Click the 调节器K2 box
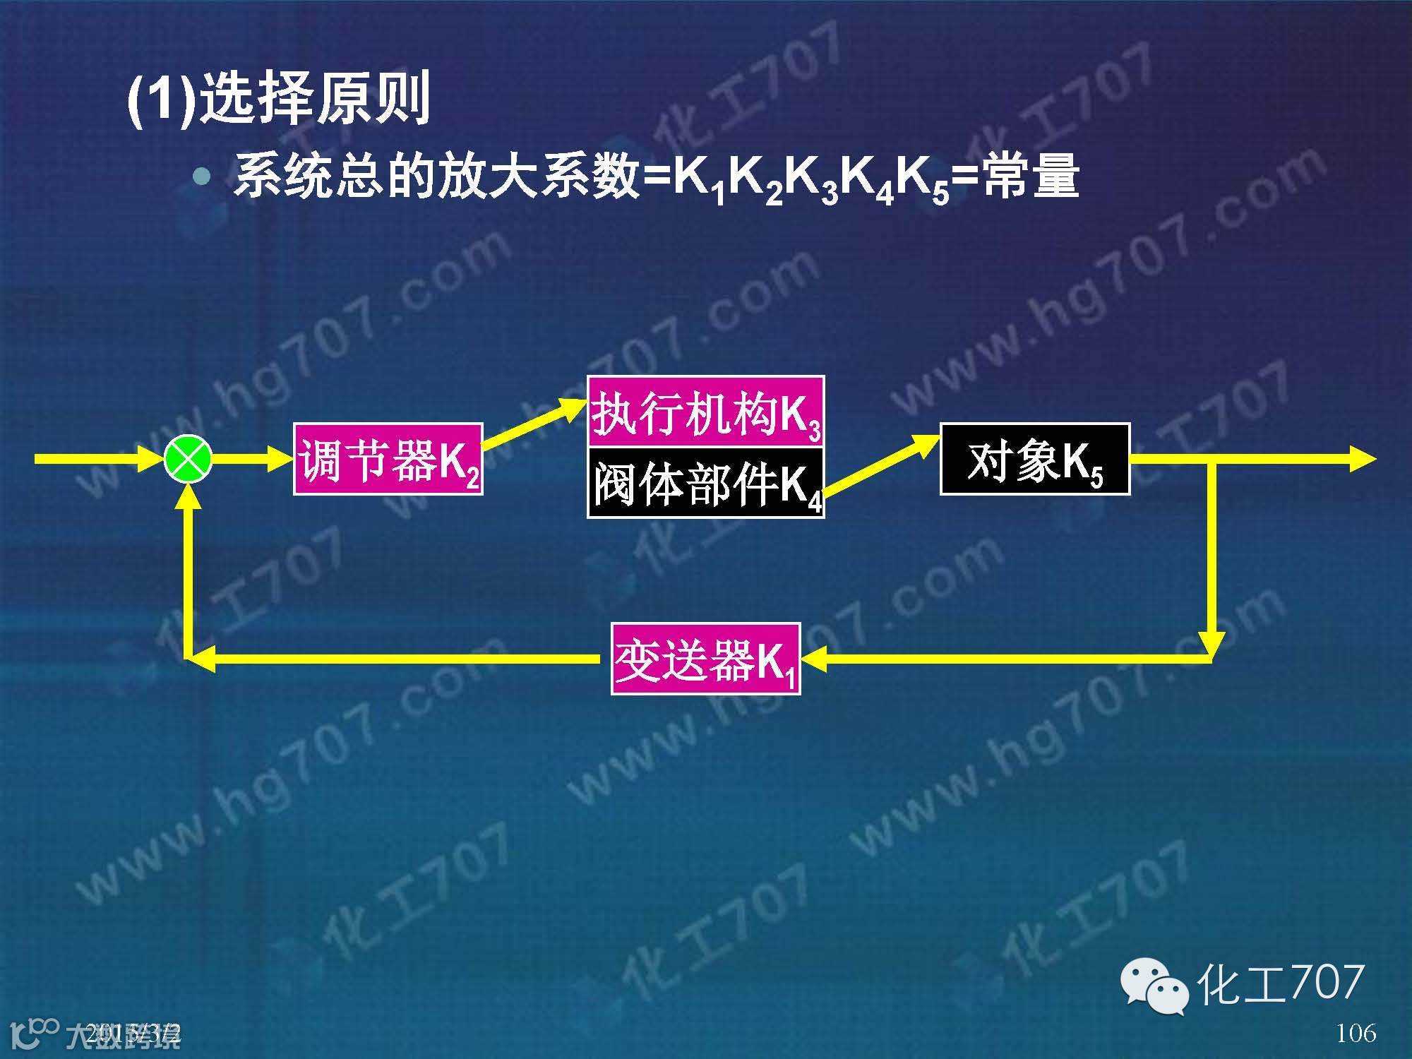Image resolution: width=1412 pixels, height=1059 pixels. pos(388,460)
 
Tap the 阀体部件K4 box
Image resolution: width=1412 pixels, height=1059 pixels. pos(705,483)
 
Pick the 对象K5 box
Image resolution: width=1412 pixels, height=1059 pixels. pos(1034,459)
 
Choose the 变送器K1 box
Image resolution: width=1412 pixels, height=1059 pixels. pos(705,659)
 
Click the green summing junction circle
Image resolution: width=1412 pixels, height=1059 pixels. pos(188,460)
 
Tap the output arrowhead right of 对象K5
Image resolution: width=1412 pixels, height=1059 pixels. pos(1363,460)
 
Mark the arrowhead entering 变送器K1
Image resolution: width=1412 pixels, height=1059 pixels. pos(812,659)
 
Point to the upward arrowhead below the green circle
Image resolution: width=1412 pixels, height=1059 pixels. pos(188,494)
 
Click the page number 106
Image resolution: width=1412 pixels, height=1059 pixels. pos(1356,1033)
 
